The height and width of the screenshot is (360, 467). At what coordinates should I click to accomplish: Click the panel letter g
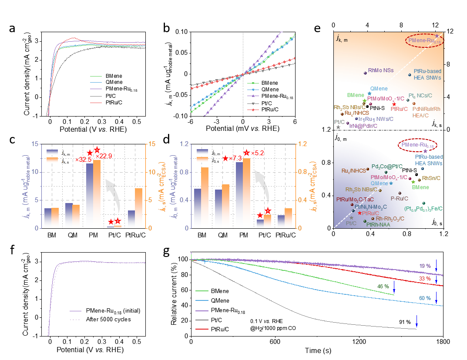click(x=166, y=252)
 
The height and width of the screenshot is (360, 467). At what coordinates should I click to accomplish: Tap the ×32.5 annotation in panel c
click(x=84, y=160)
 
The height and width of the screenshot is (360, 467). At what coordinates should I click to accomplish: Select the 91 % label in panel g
click(x=405, y=322)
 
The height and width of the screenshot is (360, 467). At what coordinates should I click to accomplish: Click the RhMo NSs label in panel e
click(x=381, y=70)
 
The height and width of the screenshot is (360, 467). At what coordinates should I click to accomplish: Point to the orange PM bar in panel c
click(x=97, y=194)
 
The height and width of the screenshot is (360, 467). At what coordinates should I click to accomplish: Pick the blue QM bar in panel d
click(x=218, y=209)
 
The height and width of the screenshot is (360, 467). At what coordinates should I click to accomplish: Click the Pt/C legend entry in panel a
click(x=111, y=96)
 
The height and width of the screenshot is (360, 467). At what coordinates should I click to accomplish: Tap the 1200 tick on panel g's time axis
click(x=359, y=342)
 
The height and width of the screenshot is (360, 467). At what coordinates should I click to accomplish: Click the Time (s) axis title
click(x=318, y=350)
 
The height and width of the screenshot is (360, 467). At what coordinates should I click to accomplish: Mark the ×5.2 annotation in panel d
click(x=257, y=153)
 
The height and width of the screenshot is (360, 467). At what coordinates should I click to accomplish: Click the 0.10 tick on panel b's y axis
click(x=181, y=32)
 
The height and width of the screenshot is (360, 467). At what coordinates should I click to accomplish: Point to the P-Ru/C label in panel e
click(x=400, y=198)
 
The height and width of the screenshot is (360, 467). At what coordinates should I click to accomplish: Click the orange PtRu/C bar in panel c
click(x=139, y=208)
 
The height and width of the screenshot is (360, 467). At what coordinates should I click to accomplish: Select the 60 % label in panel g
click(x=425, y=298)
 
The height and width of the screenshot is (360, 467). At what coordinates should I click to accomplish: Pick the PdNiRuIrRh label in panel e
click(x=426, y=109)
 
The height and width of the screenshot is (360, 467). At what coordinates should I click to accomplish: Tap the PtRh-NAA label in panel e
click(x=378, y=225)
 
